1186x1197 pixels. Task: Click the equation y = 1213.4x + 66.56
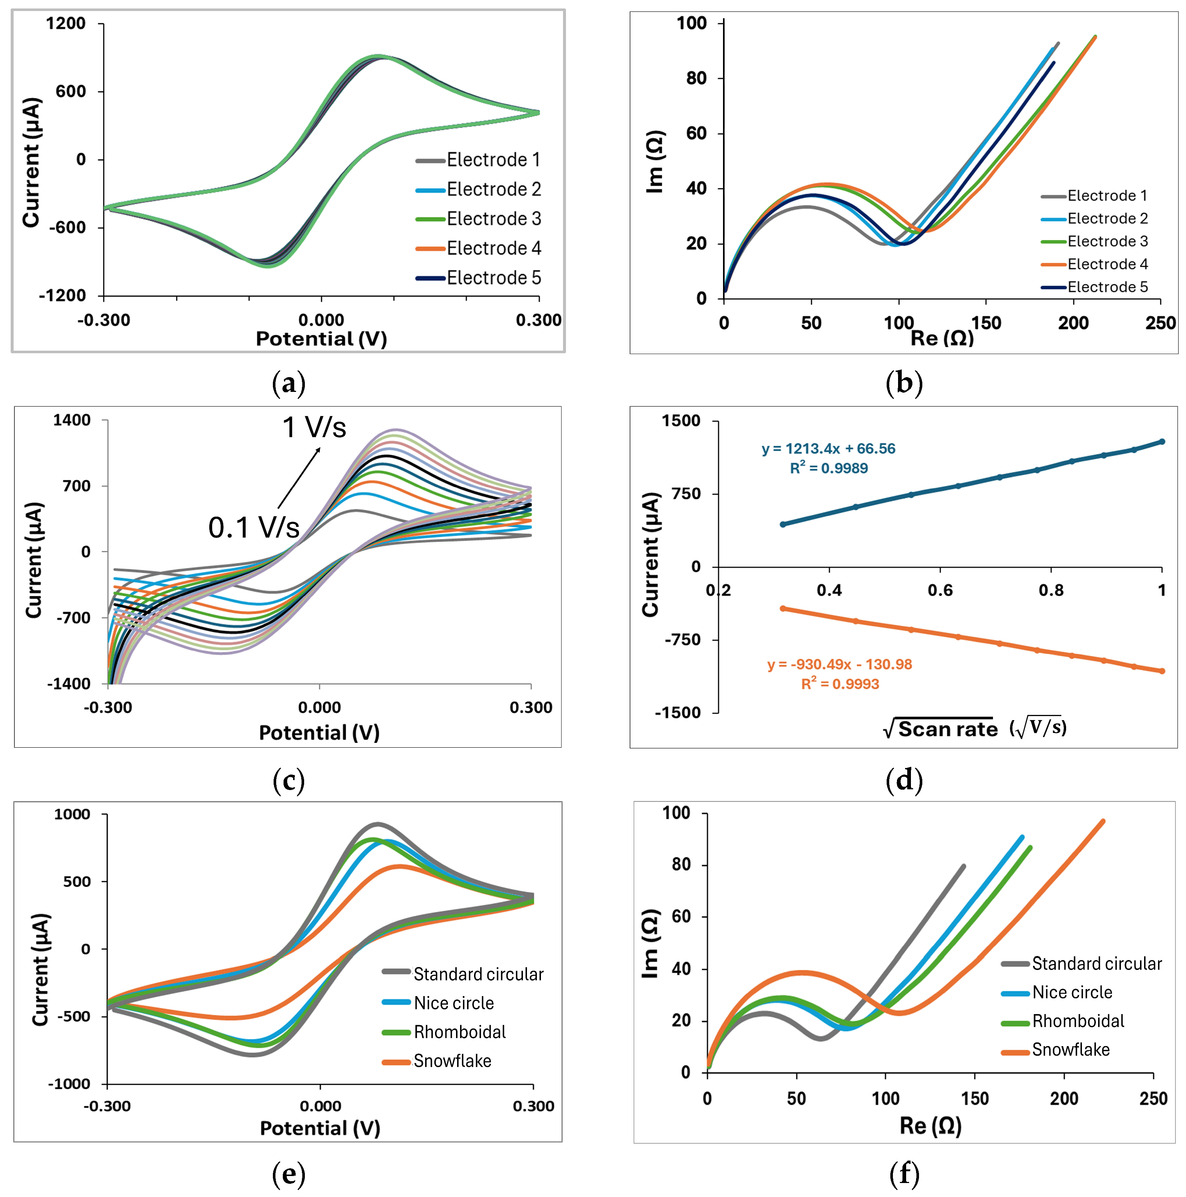click(x=828, y=449)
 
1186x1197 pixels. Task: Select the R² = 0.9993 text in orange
click(x=840, y=684)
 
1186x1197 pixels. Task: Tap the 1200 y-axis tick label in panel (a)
click(x=66, y=24)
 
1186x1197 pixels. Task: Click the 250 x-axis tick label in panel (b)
click(x=1160, y=323)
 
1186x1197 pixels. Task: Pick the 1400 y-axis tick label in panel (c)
click(x=72, y=420)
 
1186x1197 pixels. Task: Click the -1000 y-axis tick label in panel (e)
click(x=70, y=1084)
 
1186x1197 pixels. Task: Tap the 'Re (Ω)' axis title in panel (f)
click(x=930, y=1126)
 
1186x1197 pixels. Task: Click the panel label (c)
click(x=289, y=781)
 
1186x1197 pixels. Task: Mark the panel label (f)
click(x=904, y=1174)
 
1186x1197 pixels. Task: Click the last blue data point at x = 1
click(x=1162, y=442)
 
